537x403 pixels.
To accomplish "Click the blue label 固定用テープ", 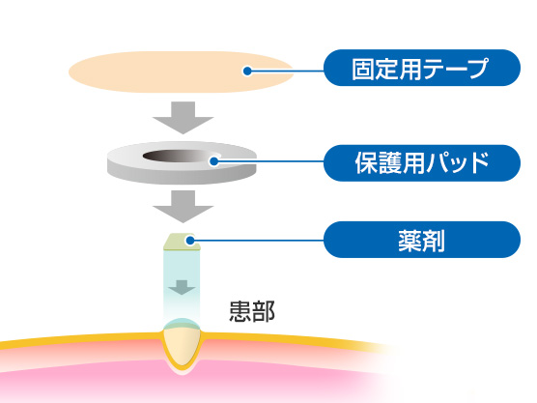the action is click(x=422, y=68).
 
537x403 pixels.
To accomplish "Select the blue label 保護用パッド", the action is click(x=422, y=163).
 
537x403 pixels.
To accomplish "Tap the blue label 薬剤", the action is click(x=422, y=240).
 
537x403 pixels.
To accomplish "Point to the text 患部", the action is click(x=252, y=312).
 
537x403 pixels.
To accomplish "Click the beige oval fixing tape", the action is click(x=181, y=72).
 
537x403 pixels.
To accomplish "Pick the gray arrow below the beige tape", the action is click(x=183, y=117).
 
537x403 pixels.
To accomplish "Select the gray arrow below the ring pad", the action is click(x=183, y=206).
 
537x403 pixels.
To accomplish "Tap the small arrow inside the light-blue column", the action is click(x=182, y=287).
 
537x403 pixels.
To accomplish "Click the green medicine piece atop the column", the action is click(x=182, y=242).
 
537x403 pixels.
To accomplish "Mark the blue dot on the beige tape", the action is click(x=247, y=71).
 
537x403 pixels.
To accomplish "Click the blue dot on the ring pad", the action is click(x=214, y=161).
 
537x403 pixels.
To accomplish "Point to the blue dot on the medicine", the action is click(x=189, y=241).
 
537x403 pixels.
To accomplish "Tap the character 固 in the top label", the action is click(x=363, y=69).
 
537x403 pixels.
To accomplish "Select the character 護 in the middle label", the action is click(x=390, y=163).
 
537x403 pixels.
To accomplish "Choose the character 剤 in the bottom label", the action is click(x=434, y=241).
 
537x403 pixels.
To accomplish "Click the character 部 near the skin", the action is click(x=264, y=312).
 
